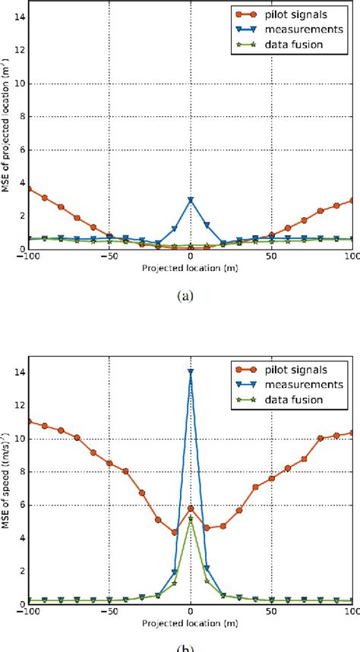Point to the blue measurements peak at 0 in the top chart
click(x=191, y=200)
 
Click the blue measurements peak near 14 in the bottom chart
click(x=191, y=372)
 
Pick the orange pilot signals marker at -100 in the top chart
click(x=28, y=188)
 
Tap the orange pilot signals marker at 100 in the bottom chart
click(x=353, y=432)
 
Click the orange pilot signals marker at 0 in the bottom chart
click(x=191, y=508)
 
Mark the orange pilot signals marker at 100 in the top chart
click(x=353, y=200)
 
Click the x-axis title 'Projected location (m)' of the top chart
click(x=190, y=268)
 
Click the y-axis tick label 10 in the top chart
click(x=17, y=83)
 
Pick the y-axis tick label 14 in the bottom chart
click(x=17, y=373)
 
